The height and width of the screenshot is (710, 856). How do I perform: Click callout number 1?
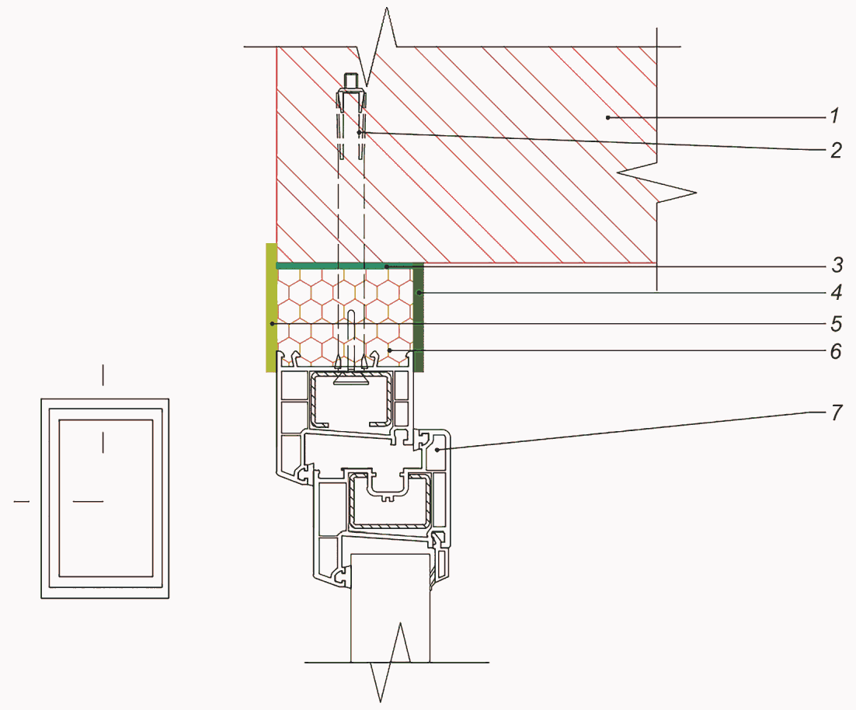point(834,116)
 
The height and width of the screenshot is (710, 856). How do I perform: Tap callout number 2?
point(836,150)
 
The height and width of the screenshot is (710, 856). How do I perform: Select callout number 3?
point(837,265)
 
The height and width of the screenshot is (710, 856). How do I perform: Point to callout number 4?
point(837,293)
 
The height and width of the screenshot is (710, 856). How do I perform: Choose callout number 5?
point(837,324)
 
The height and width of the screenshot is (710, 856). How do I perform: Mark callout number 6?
point(837,351)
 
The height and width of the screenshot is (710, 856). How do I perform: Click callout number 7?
point(837,412)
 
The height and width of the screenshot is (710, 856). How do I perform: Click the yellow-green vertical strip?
point(271,308)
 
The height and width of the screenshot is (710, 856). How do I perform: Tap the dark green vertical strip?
point(418,318)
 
